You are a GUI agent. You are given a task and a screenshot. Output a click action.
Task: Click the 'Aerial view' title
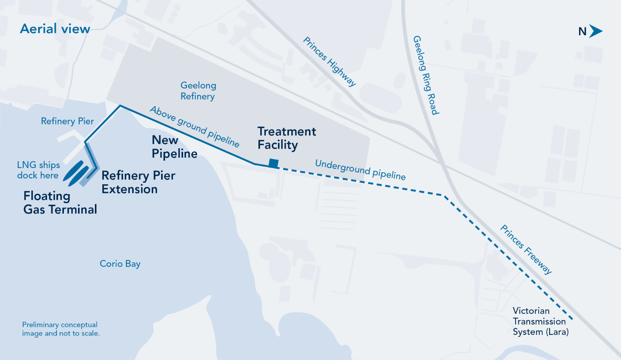tap(55, 29)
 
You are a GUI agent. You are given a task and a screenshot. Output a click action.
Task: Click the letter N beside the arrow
tap(583, 32)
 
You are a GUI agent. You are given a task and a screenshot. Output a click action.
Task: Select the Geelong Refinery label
tap(198, 91)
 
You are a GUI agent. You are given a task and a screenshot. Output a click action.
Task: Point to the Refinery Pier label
tap(67, 121)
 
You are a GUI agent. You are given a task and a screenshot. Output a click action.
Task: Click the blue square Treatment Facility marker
tap(274, 163)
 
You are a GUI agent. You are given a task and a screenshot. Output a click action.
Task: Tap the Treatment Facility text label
tap(286, 138)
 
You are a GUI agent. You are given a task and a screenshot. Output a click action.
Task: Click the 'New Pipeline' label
tap(174, 147)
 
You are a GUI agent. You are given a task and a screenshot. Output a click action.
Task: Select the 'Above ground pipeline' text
tap(194, 126)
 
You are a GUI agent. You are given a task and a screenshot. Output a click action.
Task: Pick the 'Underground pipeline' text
tap(360, 169)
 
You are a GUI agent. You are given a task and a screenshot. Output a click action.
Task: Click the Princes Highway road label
tap(329, 61)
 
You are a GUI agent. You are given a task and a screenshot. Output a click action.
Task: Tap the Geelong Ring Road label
tap(426, 75)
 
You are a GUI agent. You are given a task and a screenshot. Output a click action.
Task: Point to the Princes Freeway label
tap(526, 249)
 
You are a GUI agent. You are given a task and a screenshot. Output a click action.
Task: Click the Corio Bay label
tap(120, 264)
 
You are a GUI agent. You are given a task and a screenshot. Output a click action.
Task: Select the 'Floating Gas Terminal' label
tap(60, 202)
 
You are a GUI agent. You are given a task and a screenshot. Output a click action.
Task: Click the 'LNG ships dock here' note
tap(38, 170)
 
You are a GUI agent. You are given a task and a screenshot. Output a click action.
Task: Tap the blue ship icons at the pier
tap(76, 173)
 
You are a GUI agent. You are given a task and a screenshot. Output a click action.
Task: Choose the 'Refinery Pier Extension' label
tap(138, 182)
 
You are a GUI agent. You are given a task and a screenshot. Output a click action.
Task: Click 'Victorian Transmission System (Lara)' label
tap(540, 321)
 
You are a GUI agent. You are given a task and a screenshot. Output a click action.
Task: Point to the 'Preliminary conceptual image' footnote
tap(61, 329)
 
